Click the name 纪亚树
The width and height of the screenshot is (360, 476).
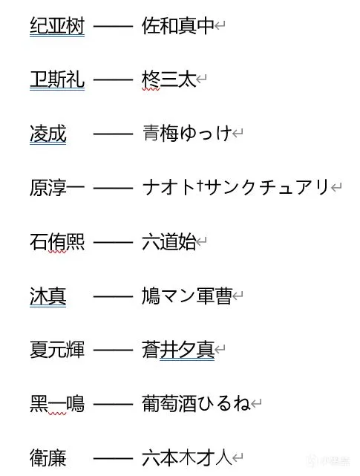click(x=57, y=25)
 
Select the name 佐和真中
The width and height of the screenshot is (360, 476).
click(x=178, y=25)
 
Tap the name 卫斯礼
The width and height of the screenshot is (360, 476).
click(x=57, y=79)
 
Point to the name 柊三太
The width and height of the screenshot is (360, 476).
click(x=169, y=79)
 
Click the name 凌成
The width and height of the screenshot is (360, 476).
click(x=48, y=134)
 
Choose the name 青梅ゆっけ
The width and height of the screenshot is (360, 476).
click(x=187, y=134)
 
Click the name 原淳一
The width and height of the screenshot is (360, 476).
click(x=57, y=188)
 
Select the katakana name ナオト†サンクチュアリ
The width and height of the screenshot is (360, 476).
click(x=236, y=187)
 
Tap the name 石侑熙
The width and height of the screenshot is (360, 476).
click(x=57, y=242)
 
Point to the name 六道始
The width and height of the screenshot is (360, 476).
click(x=169, y=242)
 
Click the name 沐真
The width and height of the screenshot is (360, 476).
click(x=48, y=296)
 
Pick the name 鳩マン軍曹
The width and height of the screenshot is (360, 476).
click(x=187, y=296)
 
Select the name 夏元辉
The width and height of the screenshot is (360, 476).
click(x=57, y=350)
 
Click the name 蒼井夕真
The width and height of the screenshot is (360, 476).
click(x=178, y=350)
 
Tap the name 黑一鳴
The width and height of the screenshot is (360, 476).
click(x=57, y=404)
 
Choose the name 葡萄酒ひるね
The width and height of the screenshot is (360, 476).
click(x=197, y=404)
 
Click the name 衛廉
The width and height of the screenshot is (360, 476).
click(x=48, y=457)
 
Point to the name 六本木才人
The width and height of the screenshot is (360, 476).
click(x=187, y=457)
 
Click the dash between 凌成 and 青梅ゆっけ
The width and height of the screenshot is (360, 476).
click(x=114, y=134)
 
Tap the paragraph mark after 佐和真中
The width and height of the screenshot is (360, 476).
click(x=220, y=26)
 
